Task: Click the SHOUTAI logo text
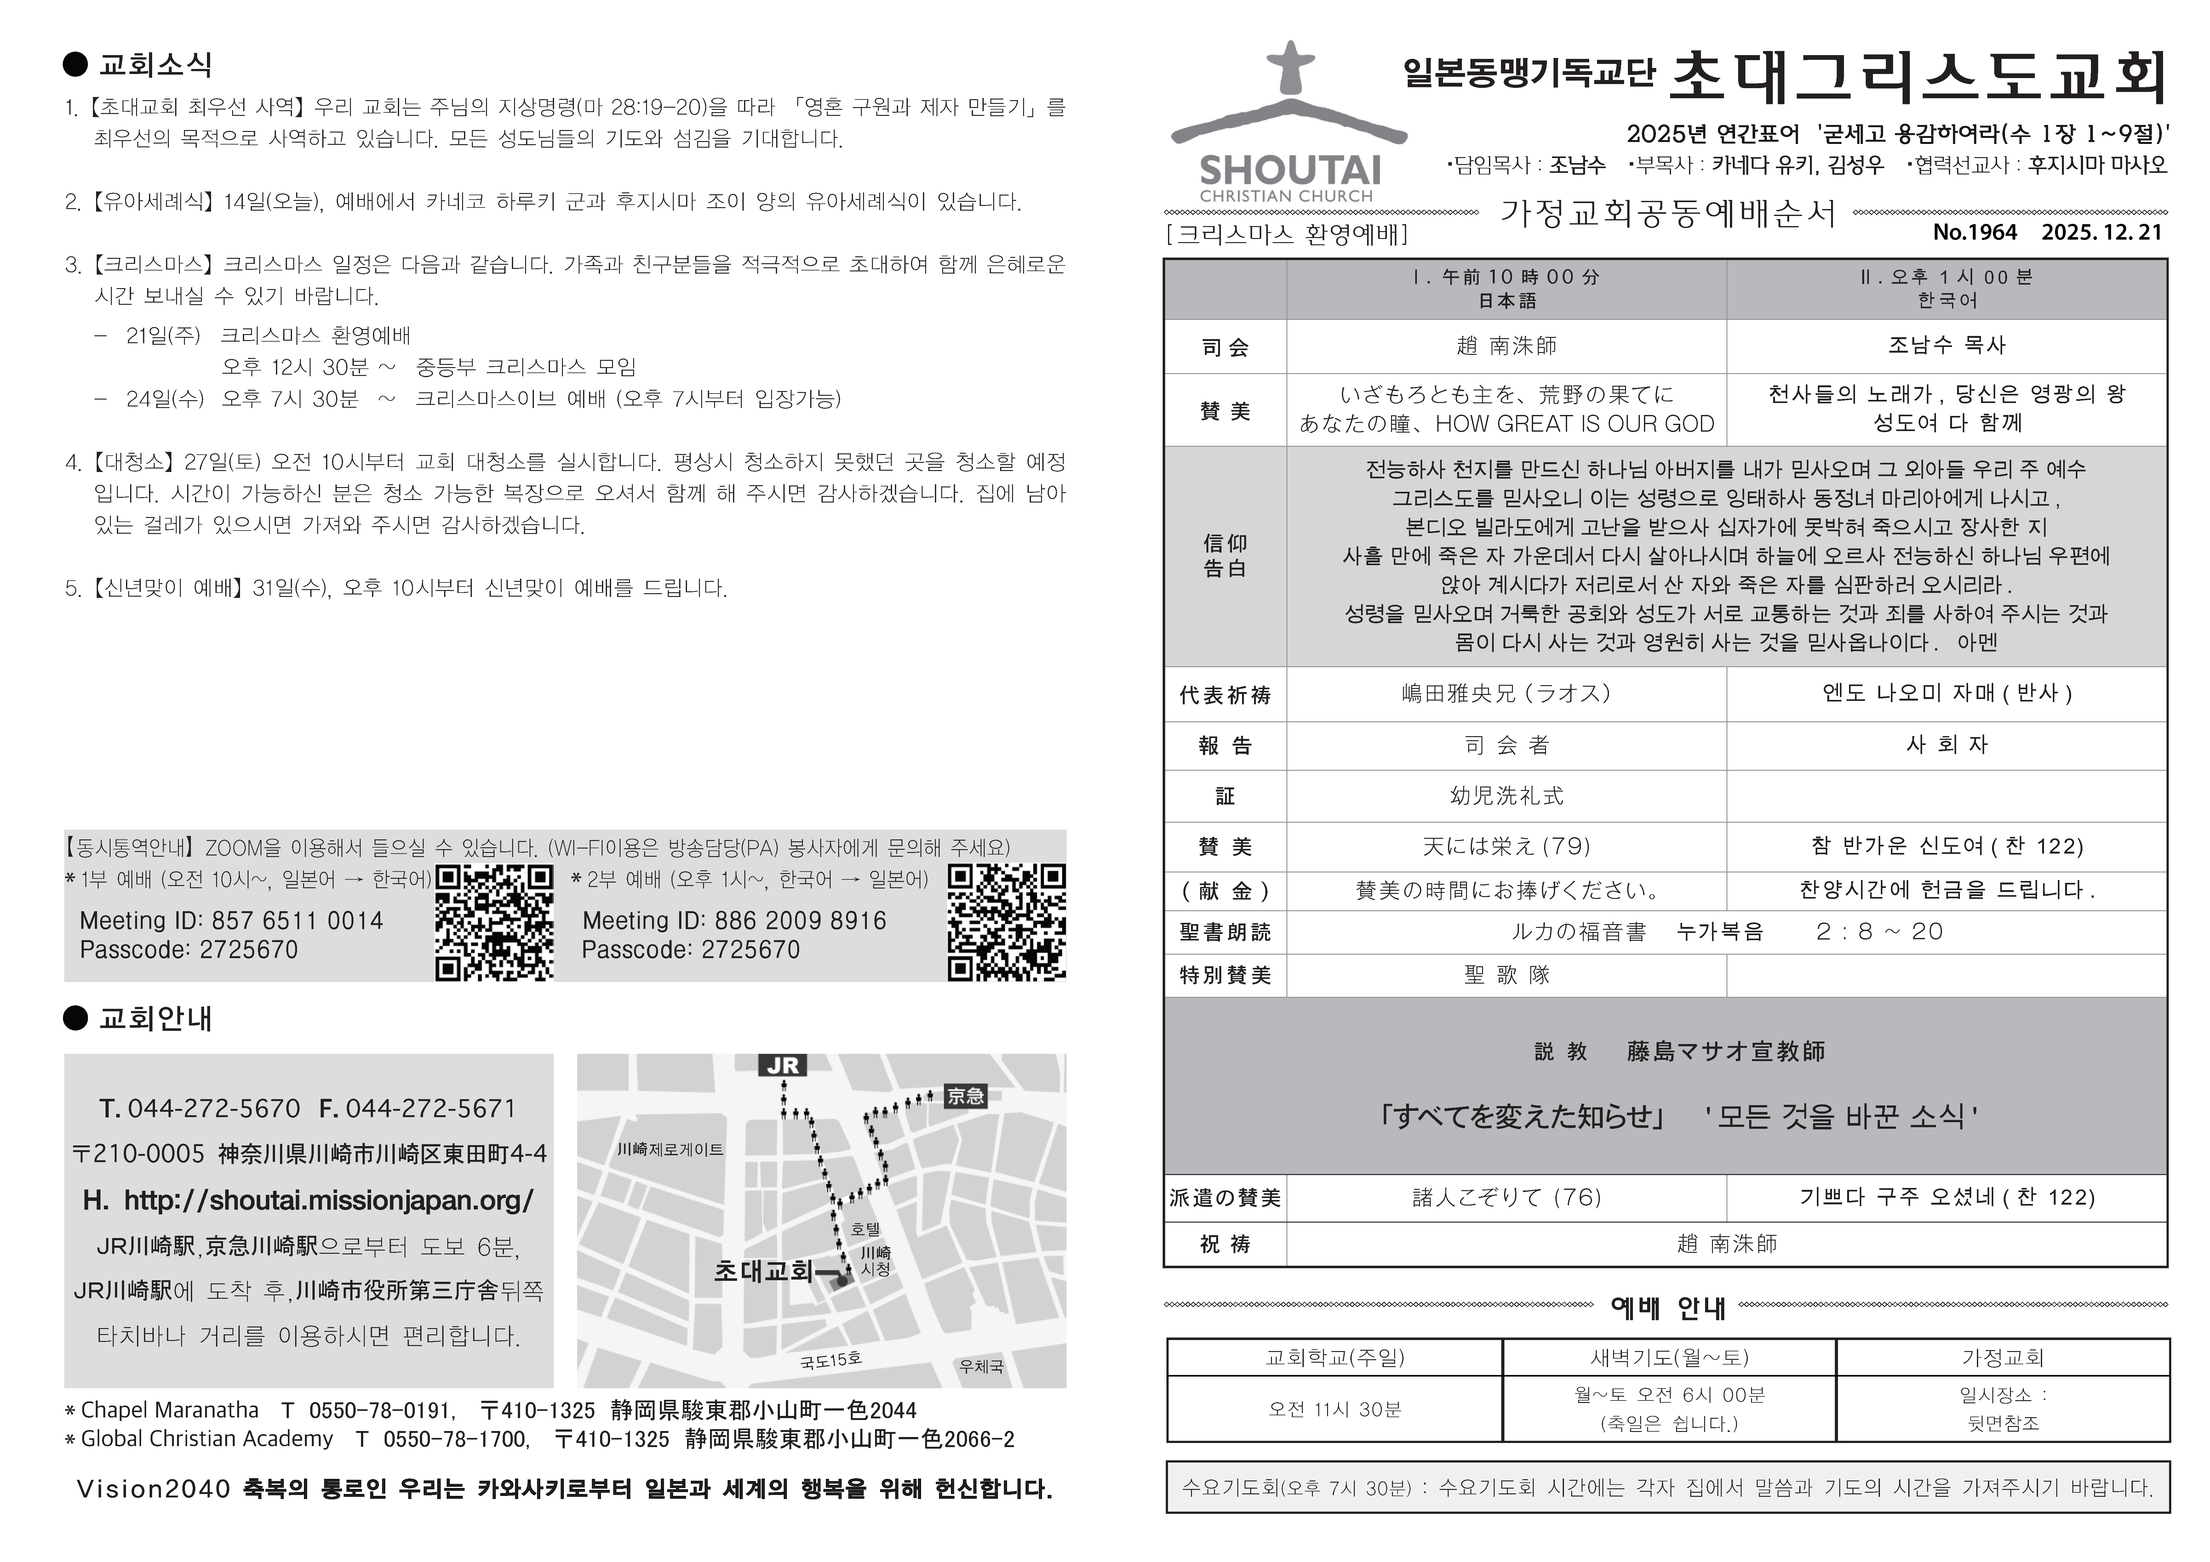pos(1290,170)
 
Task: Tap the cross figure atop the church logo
pos(1290,67)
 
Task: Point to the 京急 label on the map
pos(965,1095)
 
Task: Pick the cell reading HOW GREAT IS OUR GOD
pos(1506,423)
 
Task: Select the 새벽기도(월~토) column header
pos(1669,1357)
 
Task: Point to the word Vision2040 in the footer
pos(153,1489)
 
